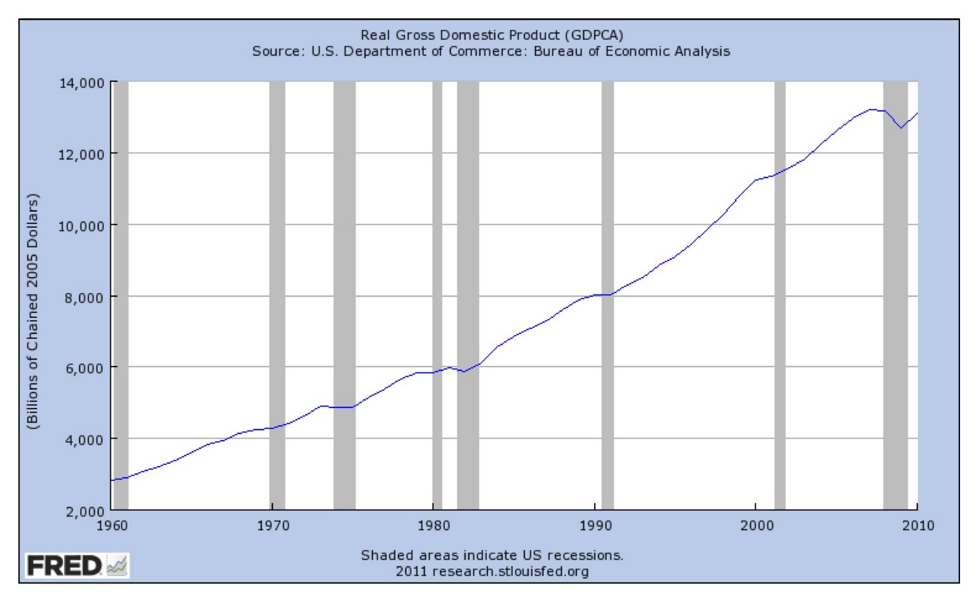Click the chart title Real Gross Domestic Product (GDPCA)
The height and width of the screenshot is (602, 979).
click(491, 34)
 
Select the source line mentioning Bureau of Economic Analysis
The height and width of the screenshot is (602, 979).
click(491, 51)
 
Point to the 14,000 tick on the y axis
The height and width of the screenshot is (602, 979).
click(81, 83)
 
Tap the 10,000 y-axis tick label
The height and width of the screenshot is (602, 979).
click(81, 226)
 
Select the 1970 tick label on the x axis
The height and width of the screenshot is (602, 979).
click(273, 526)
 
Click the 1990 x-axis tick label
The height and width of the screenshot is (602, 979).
click(595, 526)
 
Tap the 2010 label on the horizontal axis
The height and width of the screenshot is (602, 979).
click(918, 526)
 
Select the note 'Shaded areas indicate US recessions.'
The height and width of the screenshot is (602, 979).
click(492, 556)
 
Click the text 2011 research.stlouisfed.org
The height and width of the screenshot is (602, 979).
click(492, 571)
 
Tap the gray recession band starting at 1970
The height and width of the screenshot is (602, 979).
click(277, 294)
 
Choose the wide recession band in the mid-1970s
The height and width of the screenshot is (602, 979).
click(344, 294)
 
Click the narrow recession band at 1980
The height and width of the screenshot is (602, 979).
click(437, 294)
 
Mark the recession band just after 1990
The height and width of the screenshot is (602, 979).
click(608, 294)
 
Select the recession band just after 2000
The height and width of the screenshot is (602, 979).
click(780, 294)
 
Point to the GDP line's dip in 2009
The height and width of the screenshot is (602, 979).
click(901, 128)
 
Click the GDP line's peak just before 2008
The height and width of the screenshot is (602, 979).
click(871, 110)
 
